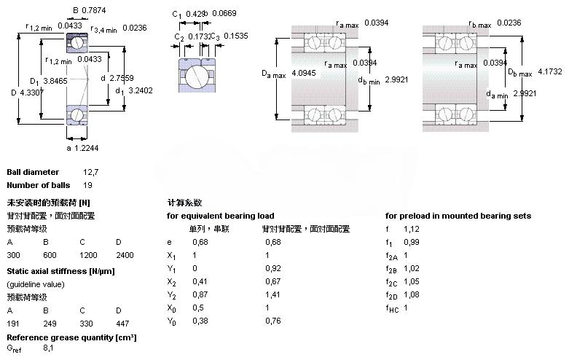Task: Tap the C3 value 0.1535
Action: (235, 36)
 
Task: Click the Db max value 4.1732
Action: (549, 71)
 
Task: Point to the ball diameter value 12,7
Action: (90, 173)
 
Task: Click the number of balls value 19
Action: (88, 185)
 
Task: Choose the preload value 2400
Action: (125, 256)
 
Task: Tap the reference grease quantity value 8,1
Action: (49, 349)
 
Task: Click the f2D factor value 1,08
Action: (411, 295)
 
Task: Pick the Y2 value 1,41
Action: (272, 295)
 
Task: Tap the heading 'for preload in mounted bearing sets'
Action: (458, 216)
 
